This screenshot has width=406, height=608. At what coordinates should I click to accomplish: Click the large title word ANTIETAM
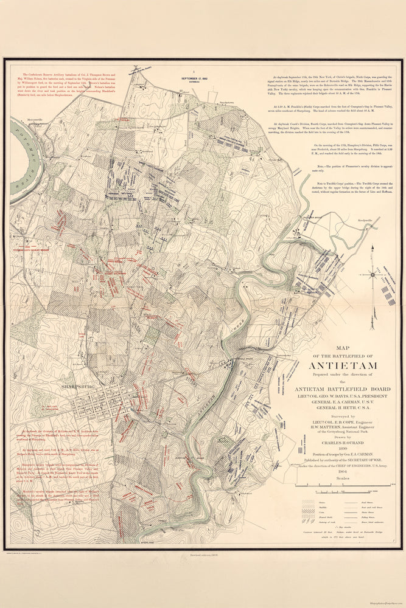pos(343,365)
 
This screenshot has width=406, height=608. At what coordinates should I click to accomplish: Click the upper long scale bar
pos(343,486)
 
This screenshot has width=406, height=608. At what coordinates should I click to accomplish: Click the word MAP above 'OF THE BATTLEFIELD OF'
pos(343,349)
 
